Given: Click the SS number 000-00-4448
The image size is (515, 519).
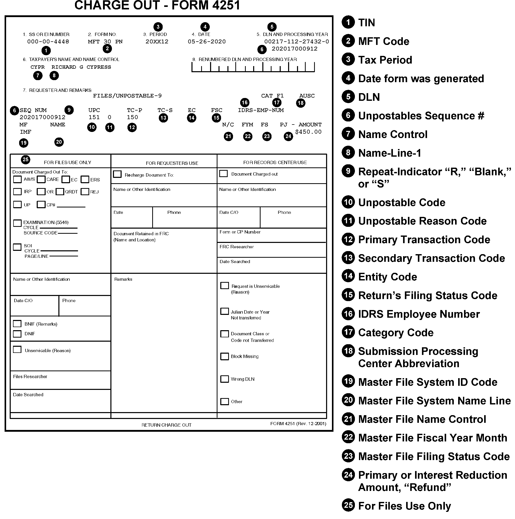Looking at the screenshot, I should (x=48, y=42).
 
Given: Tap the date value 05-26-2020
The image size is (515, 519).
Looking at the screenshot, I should (x=207, y=42).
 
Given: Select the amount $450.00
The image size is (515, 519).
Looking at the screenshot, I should (x=308, y=132).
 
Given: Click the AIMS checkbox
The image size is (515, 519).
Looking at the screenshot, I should (x=17, y=179).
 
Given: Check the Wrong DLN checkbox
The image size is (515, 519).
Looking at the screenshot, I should (x=224, y=379).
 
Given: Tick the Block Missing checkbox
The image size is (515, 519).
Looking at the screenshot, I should (x=224, y=356).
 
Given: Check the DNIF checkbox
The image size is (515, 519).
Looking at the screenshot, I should (x=17, y=334).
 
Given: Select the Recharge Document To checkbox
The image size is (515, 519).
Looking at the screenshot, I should (x=117, y=174).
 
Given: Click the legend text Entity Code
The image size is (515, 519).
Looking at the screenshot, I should (x=387, y=277).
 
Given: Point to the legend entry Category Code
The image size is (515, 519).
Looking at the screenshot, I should (x=396, y=333).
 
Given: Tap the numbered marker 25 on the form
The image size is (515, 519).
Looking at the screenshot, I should (x=25, y=159).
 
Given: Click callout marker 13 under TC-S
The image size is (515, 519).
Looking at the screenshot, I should (x=163, y=118).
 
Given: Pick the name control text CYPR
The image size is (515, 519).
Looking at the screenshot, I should (x=37, y=67).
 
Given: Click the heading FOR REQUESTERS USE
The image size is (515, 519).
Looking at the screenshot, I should (x=172, y=163).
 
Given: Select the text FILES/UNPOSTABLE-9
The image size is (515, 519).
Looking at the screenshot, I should (x=127, y=96).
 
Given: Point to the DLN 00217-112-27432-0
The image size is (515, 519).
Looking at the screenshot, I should (x=297, y=42).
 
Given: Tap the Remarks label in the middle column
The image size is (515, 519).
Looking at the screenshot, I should (x=123, y=279).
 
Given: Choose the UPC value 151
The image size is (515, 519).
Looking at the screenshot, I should (x=94, y=117).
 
